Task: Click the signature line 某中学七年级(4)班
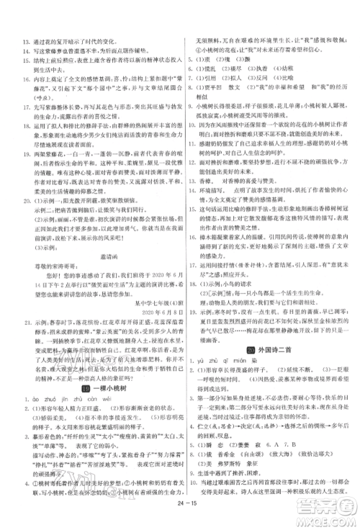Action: point(137,342)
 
